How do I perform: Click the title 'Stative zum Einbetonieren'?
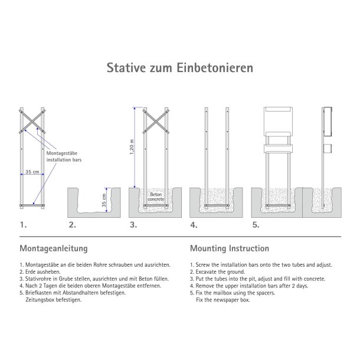180,68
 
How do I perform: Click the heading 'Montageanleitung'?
54,248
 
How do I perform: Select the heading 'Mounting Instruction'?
230,248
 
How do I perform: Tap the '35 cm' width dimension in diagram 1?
32,172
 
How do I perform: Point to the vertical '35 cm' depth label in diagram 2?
105,201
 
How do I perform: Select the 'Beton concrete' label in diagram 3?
156,197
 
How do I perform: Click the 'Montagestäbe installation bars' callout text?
59,156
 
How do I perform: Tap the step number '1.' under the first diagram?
23,225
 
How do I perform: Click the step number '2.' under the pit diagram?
72,225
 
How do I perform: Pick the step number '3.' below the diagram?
133,225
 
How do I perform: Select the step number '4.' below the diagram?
194,225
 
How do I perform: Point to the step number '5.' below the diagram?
255,225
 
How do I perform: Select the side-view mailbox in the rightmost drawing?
328,120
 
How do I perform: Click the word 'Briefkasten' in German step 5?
37,293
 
